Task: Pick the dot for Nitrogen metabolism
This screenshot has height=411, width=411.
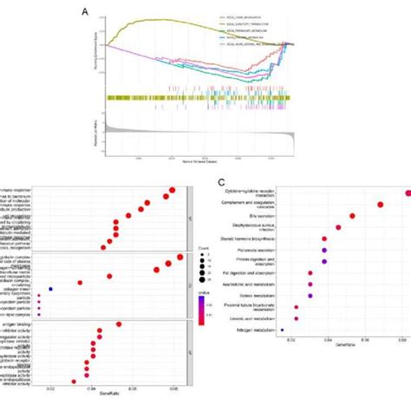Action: (x=283, y=330)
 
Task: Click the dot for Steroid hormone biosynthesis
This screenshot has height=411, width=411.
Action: (x=324, y=238)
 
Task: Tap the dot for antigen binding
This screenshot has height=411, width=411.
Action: (x=118, y=324)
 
